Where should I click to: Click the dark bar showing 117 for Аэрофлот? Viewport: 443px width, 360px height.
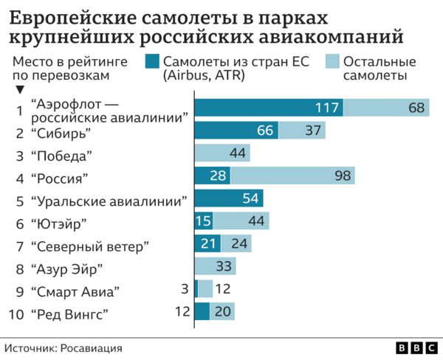coord(268,108)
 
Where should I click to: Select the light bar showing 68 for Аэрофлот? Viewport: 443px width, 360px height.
coord(386,108)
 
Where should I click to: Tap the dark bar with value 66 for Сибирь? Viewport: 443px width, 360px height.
coord(236,131)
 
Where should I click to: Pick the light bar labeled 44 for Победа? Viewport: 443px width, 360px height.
coord(221,153)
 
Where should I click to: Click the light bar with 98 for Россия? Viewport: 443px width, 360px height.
coord(292,176)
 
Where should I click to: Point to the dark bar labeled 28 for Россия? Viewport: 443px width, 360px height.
coord(212,176)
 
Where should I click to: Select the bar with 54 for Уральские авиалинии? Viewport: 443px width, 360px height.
coord(228,198)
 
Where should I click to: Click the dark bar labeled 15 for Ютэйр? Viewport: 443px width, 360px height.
coord(203,221)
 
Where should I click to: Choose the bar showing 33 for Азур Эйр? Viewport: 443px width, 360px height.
coord(216,266)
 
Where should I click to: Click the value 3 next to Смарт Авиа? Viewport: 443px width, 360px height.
coord(185,289)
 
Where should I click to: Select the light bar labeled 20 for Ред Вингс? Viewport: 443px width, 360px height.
coord(222,312)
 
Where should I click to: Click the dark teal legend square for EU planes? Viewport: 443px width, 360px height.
coord(152,62)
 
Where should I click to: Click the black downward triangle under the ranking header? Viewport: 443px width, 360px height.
coord(20,90)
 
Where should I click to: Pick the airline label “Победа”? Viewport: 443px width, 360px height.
coord(62,155)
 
